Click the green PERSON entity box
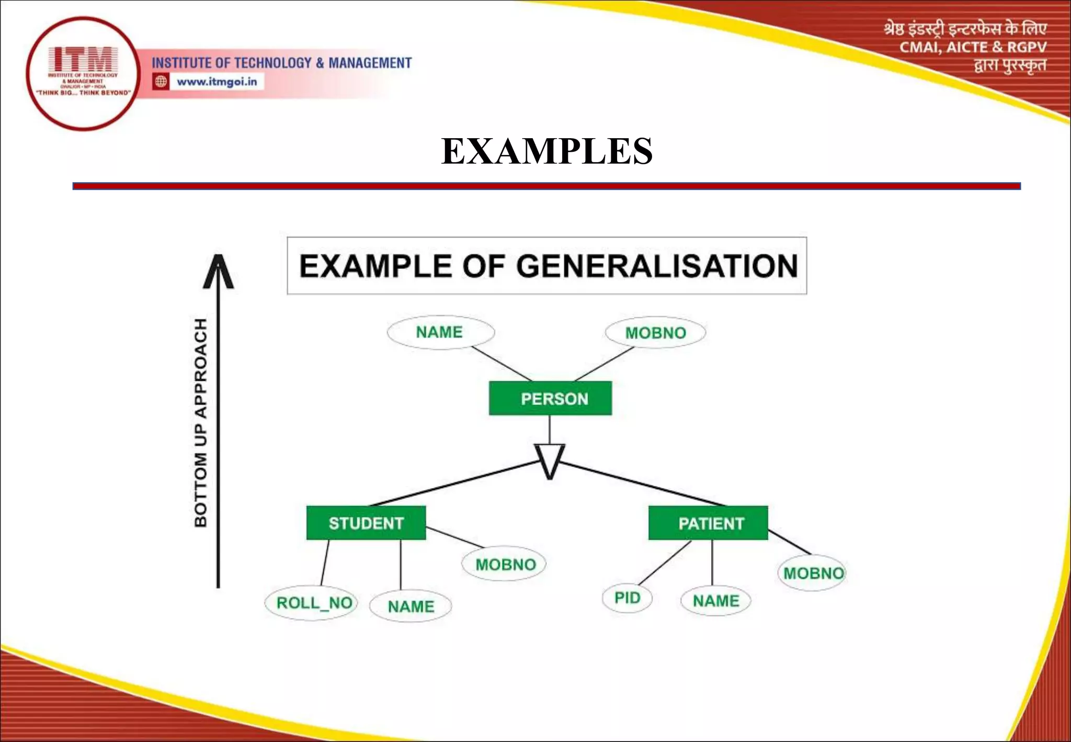[550, 398]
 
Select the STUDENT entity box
[366, 523]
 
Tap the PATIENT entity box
[708, 523]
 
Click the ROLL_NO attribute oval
[312, 603]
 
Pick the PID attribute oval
[627, 598]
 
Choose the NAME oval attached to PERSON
[440, 332]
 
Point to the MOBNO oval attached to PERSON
[655, 333]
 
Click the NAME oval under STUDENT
[411, 606]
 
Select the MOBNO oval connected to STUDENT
[505, 564]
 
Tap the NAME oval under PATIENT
[715, 601]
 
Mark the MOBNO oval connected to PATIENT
[812, 574]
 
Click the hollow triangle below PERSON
[549, 459]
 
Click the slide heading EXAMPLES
[546, 151]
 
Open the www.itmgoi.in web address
[217, 82]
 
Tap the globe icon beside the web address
[161, 82]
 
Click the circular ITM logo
[83, 73]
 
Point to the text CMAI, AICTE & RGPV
[973, 48]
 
